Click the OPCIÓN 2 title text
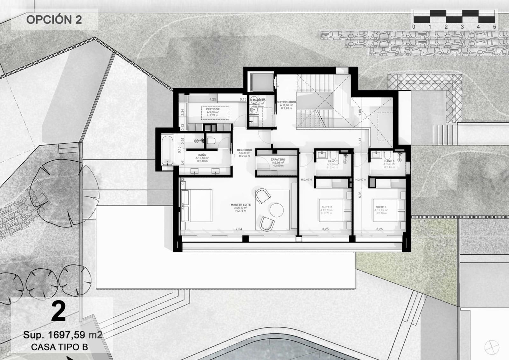[x=54, y=20]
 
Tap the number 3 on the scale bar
[x=462, y=27]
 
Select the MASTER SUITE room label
[x=241, y=205]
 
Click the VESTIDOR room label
[x=213, y=109]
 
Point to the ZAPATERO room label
[x=278, y=159]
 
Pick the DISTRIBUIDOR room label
[x=286, y=102]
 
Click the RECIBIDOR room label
[x=244, y=150]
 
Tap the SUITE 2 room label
[x=327, y=207]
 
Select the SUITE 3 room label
[x=381, y=207]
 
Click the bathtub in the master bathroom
[x=167, y=150]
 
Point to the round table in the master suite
[x=276, y=210]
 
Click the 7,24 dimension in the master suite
[x=239, y=229]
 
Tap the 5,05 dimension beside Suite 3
[x=360, y=194]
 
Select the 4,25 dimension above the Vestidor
[x=213, y=99]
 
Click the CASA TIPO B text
[x=59, y=347]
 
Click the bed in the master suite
[x=196, y=206]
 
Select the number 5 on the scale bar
[x=494, y=27]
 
